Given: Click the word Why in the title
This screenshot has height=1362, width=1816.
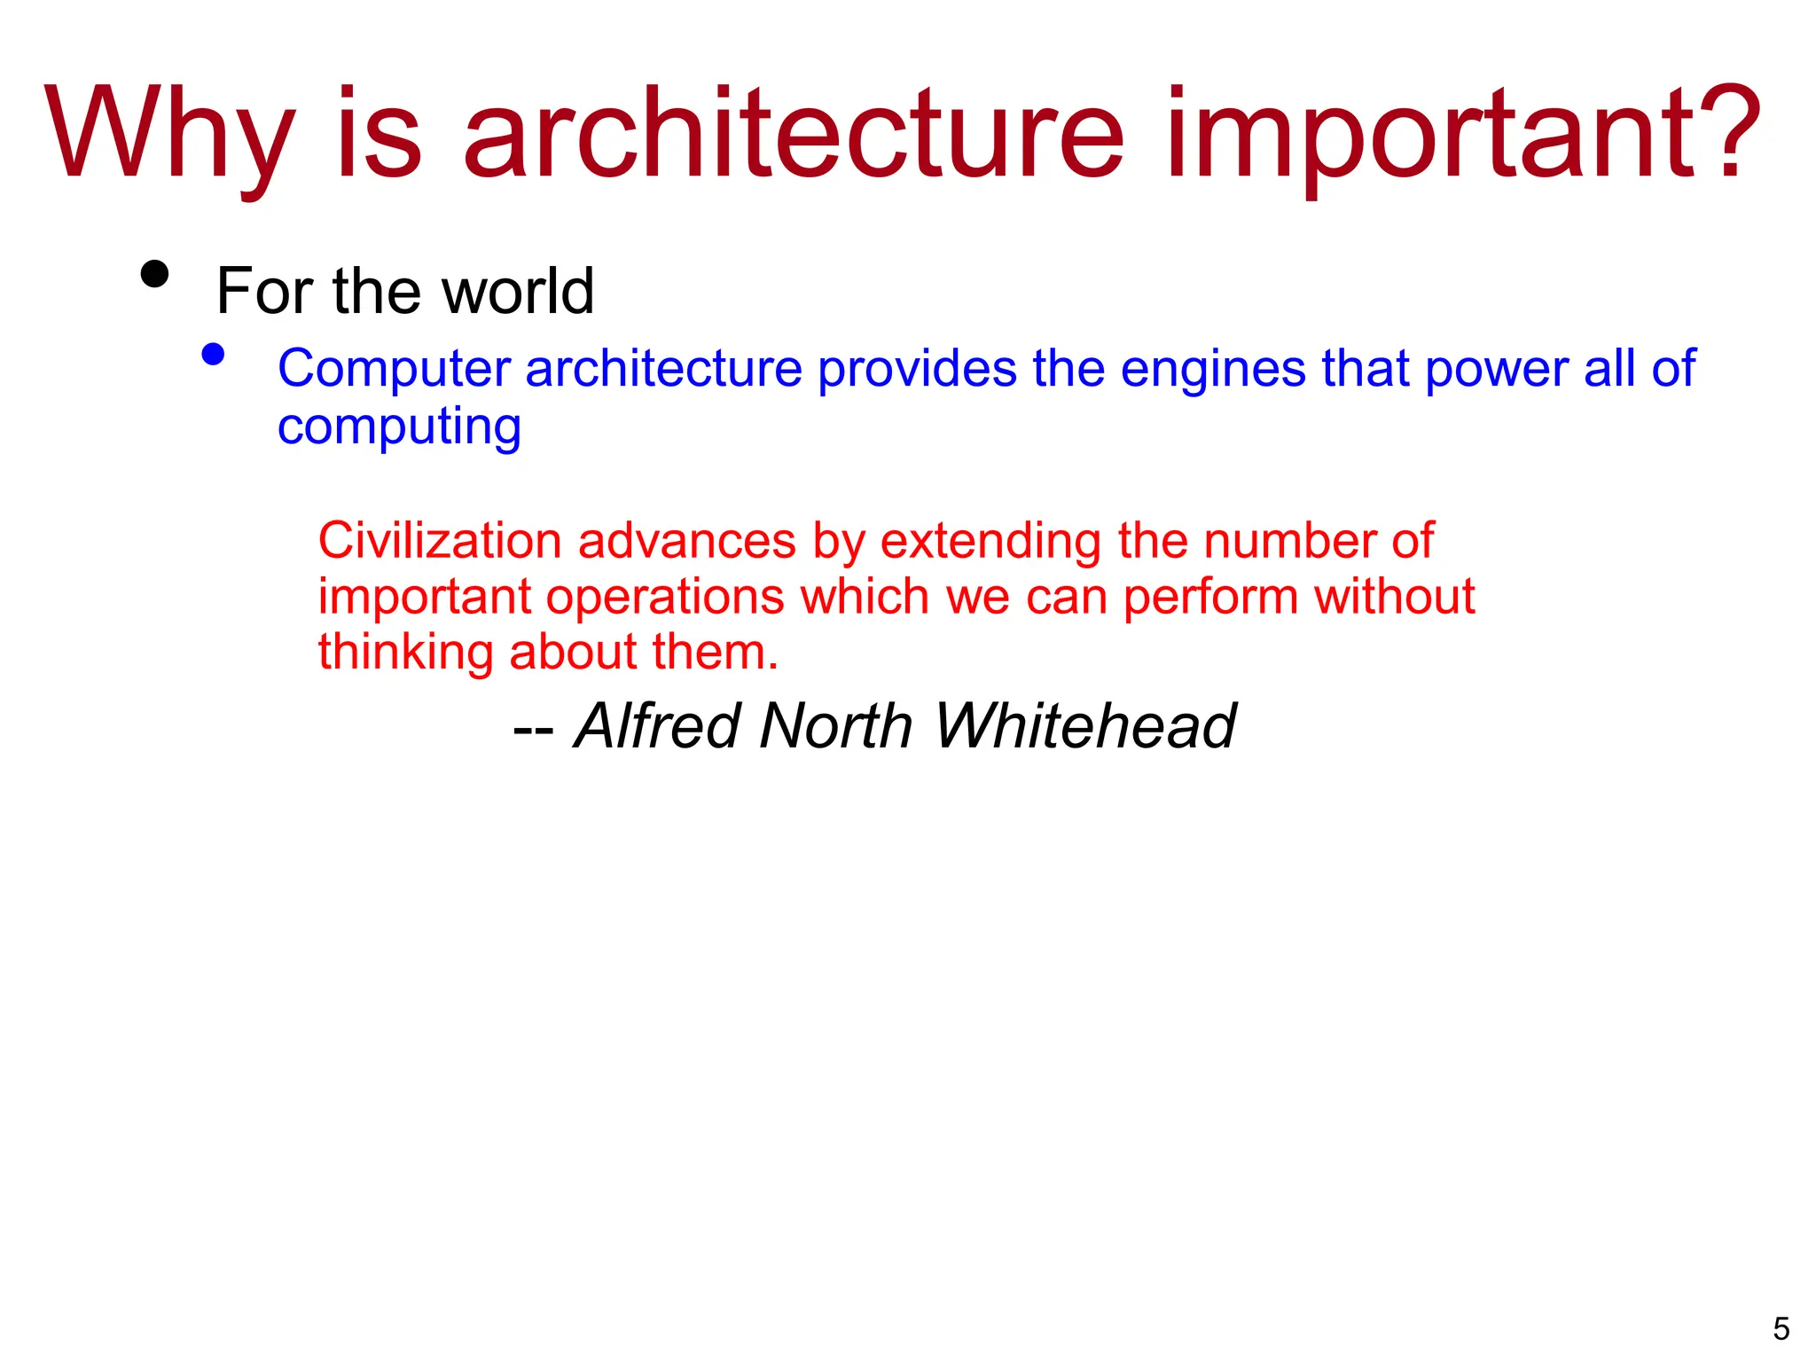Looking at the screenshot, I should [168, 135].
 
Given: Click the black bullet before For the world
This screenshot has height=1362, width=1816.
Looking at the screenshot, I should [154, 274].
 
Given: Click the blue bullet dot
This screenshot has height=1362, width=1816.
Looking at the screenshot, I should [213, 355].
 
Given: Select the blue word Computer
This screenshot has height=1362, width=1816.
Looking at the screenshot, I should [394, 368].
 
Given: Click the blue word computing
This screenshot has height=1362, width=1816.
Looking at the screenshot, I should [399, 427].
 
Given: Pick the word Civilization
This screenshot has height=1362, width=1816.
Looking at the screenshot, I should [440, 540].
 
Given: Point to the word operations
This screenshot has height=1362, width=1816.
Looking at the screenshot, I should [665, 596].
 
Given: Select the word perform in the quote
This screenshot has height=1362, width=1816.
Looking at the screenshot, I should [1210, 598].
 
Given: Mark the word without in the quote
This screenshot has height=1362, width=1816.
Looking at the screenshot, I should [1394, 596].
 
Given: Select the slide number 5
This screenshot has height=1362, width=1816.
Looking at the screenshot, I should [1781, 1328].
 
